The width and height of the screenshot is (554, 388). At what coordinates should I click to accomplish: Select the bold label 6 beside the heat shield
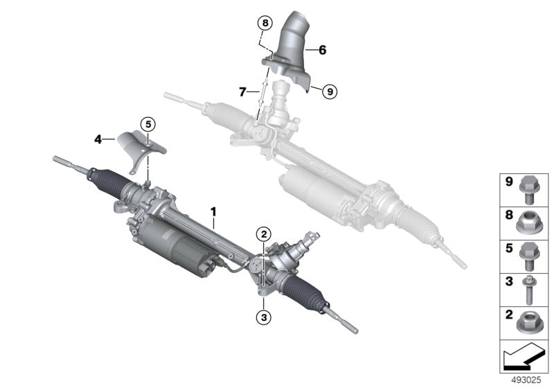(322, 50)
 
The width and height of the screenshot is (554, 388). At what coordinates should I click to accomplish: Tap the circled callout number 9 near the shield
(330, 90)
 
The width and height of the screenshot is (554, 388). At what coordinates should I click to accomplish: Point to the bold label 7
(242, 91)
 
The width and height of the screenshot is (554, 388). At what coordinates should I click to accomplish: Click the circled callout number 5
(148, 124)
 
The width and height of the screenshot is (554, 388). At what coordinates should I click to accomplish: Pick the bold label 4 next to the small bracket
(99, 139)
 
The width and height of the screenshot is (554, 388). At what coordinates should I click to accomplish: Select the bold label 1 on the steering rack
(214, 209)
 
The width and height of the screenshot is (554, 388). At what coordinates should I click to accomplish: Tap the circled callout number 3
(264, 317)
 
